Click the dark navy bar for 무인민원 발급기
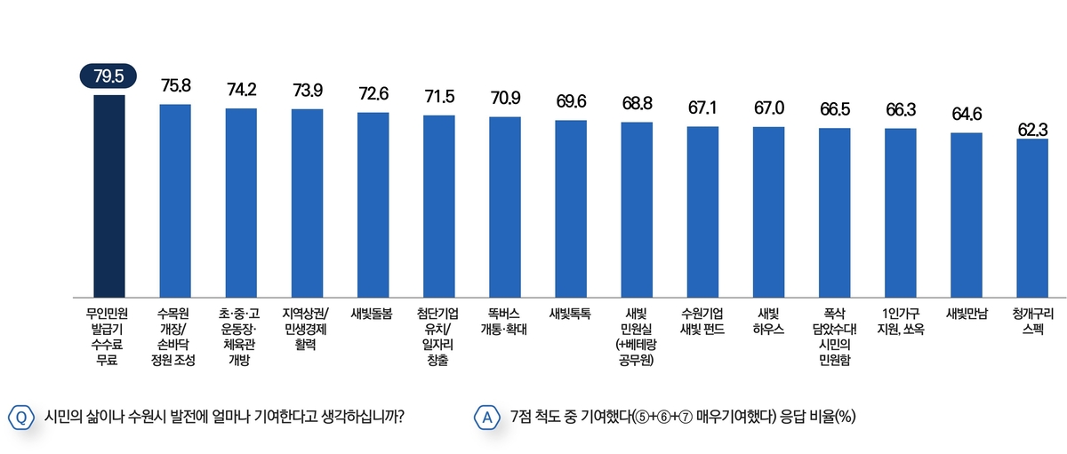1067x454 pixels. pos(109,195)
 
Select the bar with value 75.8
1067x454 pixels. pos(175,200)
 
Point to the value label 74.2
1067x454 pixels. pos(241,89)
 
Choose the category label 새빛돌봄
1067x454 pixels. pos(373,313)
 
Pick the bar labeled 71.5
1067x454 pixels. pos(438,206)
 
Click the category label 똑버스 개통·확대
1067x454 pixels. pos(504,321)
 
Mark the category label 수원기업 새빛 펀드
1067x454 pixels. pos(702,321)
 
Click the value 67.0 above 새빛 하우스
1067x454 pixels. pos(768,108)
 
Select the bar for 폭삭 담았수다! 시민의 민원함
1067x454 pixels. pos(834,212)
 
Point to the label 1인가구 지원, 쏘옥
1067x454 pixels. pos(900,321)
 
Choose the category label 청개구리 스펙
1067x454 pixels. pos(1031,321)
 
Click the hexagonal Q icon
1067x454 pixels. pos(20,417)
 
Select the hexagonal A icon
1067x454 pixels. pos(486,417)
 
